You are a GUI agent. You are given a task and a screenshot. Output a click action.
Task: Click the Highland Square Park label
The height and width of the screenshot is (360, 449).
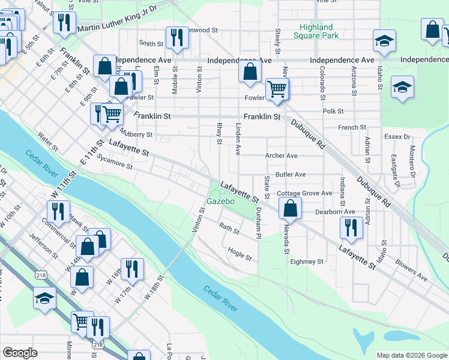[x=316, y=31]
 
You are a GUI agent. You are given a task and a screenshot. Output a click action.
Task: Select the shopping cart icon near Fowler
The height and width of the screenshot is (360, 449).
[x=277, y=89]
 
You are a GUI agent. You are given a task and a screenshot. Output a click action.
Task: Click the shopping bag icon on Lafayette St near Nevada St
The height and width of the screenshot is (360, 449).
[x=290, y=209]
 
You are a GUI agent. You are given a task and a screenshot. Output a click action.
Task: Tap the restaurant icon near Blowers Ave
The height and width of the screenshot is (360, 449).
[x=351, y=227]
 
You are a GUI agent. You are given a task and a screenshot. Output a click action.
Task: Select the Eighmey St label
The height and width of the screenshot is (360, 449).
[x=307, y=262]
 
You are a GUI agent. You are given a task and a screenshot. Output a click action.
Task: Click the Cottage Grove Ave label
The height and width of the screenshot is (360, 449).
[x=304, y=193]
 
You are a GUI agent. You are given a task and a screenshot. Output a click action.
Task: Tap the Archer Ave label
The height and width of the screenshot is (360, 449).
[x=282, y=155]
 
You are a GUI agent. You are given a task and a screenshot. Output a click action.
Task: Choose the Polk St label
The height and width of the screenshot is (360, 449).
[x=333, y=111]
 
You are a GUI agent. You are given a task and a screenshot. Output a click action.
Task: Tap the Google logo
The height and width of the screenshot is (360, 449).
[x=20, y=353]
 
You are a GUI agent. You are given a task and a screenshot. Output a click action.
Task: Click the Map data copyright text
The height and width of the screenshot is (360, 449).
[x=411, y=355]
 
